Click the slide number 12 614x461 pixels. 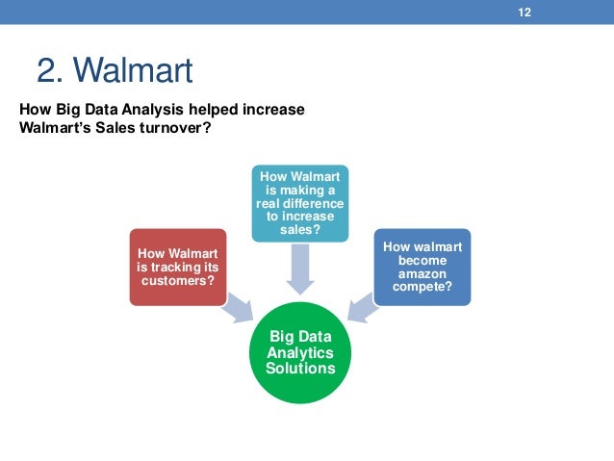tap(525, 13)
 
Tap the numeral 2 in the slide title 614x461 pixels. tap(47, 70)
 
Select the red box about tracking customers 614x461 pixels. tap(178, 267)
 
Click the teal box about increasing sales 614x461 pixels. tap(300, 203)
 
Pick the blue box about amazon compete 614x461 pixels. tap(422, 267)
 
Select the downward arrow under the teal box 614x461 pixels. tap(300, 268)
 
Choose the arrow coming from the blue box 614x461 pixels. tap(363, 307)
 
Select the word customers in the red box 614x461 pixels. tap(178, 280)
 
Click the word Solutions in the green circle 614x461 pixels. tap(301, 369)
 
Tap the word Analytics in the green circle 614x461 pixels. tap(301, 352)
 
